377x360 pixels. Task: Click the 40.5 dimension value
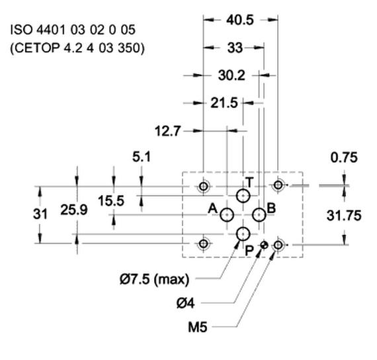pyautogui.click(x=239, y=20)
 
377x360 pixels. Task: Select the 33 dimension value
pyautogui.click(x=235, y=48)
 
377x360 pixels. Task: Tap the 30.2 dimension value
pyautogui.click(x=231, y=75)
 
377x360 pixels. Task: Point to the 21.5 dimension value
pyautogui.click(x=224, y=103)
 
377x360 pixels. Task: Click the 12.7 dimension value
pyautogui.click(x=167, y=131)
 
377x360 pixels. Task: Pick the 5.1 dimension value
pyautogui.click(x=142, y=157)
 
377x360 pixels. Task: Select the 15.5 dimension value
pyautogui.click(x=111, y=201)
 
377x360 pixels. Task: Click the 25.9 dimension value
pyautogui.click(x=74, y=210)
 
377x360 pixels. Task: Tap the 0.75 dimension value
pyautogui.click(x=344, y=157)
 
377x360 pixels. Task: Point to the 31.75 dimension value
pyautogui.click(x=344, y=215)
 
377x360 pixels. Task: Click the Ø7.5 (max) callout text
pyautogui.click(x=155, y=279)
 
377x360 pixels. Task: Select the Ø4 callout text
pyautogui.click(x=185, y=303)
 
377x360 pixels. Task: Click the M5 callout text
pyautogui.click(x=197, y=328)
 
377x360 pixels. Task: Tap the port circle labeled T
pyautogui.click(x=243, y=189)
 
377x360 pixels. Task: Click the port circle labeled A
pyautogui.click(x=227, y=208)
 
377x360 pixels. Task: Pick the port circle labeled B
pyautogui.click(x=259, y=208)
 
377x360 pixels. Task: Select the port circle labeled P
pyautogui.click(x=243, y=228)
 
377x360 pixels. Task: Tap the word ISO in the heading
pyautogui.click(x=21, y=30)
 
